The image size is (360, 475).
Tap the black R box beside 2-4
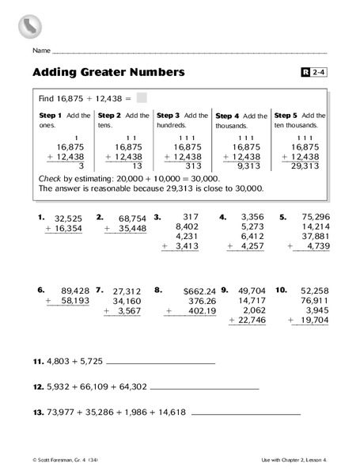pyautogui.click(x=307, y=74)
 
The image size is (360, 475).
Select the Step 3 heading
pyautogui.click(x=169, y=115)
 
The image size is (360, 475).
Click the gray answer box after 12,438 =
pyautogui.click(x=142, y=98)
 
